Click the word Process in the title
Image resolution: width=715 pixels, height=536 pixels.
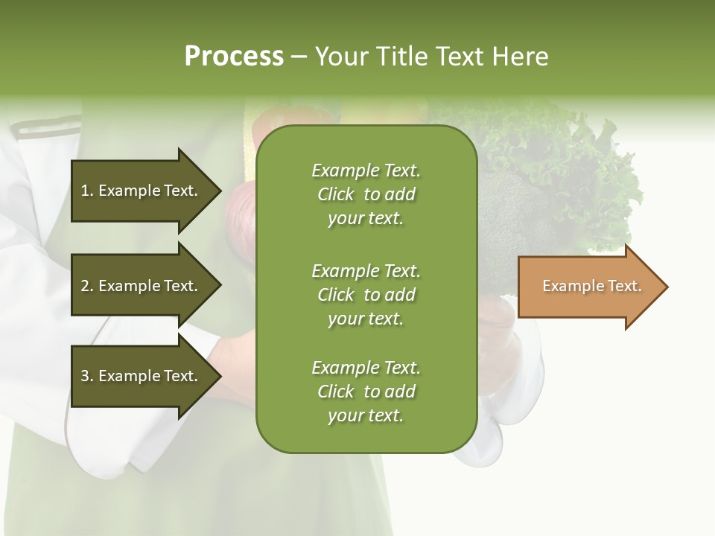coord(234,57)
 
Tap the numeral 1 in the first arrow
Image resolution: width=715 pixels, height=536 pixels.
coord(85,191)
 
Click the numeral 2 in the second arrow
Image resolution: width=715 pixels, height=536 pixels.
coord(85,286)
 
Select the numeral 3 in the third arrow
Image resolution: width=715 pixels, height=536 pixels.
coord(85,376)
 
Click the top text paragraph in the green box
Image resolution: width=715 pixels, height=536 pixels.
coord(366,194)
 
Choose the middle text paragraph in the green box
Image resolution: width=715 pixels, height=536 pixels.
coord(366,295)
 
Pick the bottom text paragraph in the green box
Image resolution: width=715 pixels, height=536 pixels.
coord(366,392)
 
